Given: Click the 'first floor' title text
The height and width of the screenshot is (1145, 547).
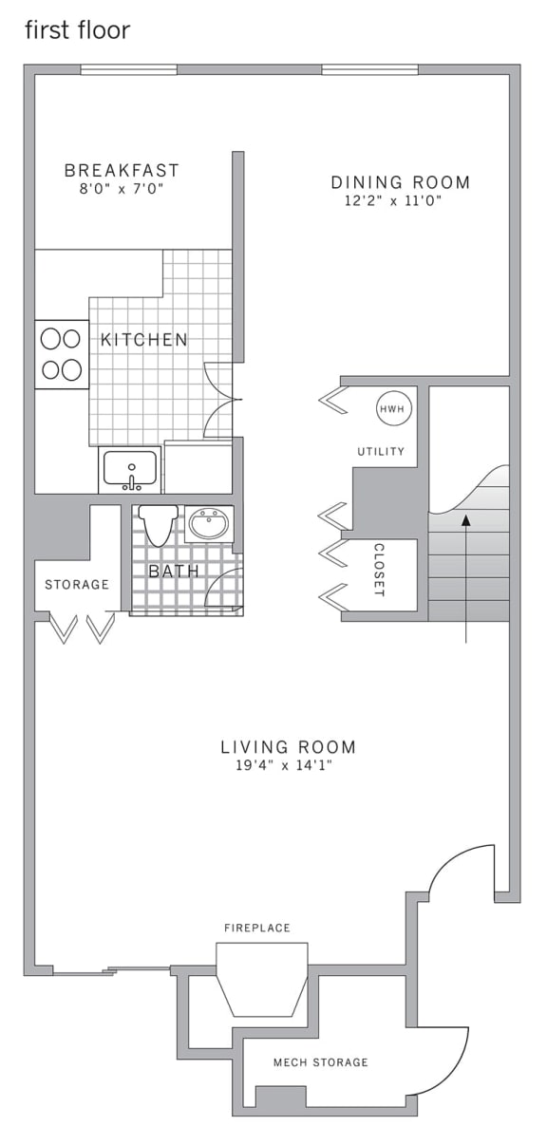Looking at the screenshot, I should click(77, 30).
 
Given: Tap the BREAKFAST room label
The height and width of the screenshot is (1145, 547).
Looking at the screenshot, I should click(122, 171).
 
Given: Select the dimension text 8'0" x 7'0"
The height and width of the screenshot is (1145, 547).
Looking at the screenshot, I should click(121, 189).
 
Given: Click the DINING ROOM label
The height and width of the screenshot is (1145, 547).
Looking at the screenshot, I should click(400, 182).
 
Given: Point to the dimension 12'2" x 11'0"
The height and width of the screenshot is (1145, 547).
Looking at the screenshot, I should click(393, 201).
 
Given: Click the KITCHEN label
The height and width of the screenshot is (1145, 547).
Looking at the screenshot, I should click(144, 339).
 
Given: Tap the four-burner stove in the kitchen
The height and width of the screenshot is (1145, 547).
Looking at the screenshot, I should click(62, 354).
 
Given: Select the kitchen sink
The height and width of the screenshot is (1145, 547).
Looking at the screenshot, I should click(129, 469).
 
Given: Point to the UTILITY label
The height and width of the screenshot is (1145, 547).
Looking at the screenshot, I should click(381, 452).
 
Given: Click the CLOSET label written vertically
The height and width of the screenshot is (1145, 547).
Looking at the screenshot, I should click(379, 570).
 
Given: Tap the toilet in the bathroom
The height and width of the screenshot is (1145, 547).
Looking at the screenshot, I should click(157, 525).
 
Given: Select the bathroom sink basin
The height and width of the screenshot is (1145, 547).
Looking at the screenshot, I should click(208, 523).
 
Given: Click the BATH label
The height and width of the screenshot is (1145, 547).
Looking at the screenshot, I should click(174, 572).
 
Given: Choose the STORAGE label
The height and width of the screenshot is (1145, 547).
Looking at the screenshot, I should click(77, 584).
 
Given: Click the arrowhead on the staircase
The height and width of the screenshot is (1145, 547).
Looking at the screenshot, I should click(465, 519).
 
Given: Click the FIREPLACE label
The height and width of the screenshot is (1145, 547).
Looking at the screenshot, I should click(257, 928).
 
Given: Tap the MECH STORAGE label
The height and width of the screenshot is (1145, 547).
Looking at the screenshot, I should click(320, 1062).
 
